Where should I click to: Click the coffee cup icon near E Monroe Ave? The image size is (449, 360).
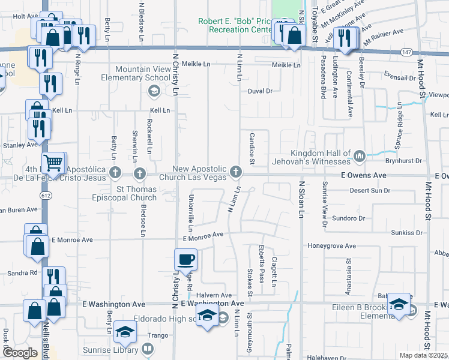tap(185, 260)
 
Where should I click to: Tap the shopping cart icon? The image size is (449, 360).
tap(53, 161)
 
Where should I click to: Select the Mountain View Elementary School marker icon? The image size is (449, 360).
tap(153, 90)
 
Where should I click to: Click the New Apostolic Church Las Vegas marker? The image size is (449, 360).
tap(237, 173)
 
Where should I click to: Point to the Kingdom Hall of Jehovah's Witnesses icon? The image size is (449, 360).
tap(360, 157)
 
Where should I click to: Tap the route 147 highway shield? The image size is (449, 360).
tap(406, 53)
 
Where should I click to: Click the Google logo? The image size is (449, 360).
tap(20, 353)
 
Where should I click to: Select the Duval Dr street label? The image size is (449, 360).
tap(260, 91)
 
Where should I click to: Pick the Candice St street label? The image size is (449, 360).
tap(252, 149)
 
